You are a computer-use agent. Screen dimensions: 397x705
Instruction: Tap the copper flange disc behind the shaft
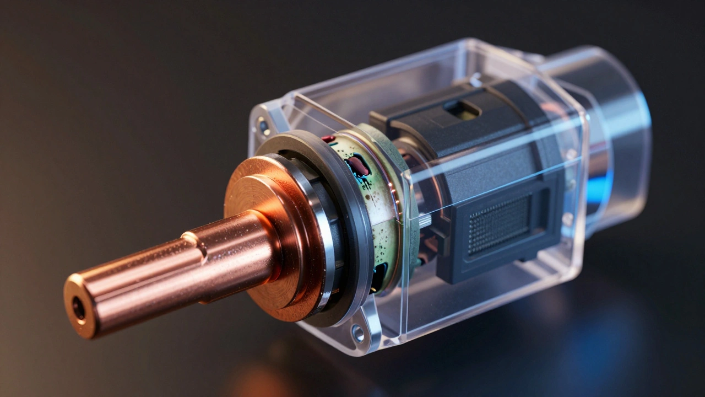[259, 187]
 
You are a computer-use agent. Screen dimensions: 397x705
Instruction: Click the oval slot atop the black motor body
[462, 109]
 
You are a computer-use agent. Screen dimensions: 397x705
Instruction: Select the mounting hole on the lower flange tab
[359, 332]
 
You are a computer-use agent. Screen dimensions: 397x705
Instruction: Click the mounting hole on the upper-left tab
[264, 126]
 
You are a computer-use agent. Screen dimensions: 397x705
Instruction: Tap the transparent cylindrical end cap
[611, 127]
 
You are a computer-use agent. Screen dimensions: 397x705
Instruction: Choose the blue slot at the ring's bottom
[380, 275]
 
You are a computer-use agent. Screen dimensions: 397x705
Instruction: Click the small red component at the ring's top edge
[328, 139]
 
